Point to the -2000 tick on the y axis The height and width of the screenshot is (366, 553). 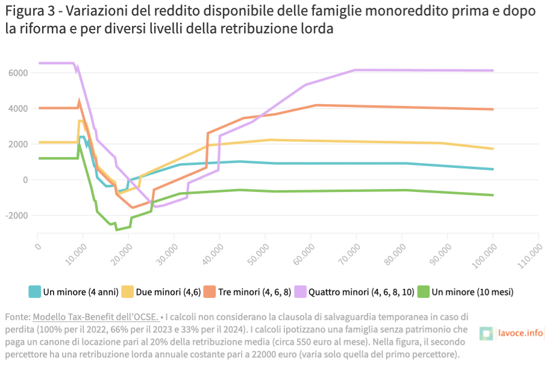pos(15,216)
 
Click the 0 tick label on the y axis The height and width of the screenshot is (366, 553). pos(25,180)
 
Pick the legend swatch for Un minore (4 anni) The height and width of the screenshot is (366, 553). pos(35,292)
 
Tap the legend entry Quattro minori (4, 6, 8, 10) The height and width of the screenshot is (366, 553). pos(361,292)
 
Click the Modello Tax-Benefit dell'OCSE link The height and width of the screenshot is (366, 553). pos(95,317)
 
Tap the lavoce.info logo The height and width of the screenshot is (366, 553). pos(513,333)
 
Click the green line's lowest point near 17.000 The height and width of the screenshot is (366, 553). pos(116,229)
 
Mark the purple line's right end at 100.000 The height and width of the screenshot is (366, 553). pos(493,70)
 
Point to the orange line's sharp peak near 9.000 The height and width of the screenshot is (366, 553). pos(79,101)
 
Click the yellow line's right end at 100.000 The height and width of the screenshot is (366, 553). pos(493,149)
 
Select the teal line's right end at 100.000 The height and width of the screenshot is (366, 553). pos(493,169)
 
